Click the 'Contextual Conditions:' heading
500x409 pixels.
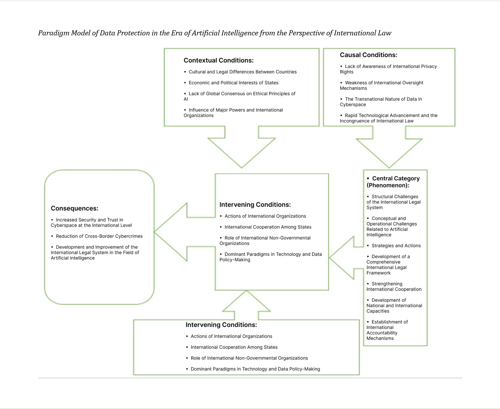(x=218, y=60)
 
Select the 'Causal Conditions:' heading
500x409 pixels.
(x=368, y=55)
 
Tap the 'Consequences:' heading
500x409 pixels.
(x=75, y=208)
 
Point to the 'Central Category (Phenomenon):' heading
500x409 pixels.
(x=393, y=182)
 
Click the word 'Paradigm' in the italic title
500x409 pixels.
(x=54, y=33)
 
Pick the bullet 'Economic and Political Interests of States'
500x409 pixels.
(x=231, y=83)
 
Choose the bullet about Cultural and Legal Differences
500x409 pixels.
(x=240, y=72)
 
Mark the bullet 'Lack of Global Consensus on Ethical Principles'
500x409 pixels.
(x=239, y=96)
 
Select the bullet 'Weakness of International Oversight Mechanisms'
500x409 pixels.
(x=382, y=86)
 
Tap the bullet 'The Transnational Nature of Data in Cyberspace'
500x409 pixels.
(x=381, y=102)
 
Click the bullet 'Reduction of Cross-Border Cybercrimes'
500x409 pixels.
(x=97, y=236)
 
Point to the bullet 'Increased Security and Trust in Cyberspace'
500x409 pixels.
(x=91, y=222)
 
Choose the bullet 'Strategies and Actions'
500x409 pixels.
(x=394, y=246)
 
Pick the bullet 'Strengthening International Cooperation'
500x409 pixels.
(x=394, y=287)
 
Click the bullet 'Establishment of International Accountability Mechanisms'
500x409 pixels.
(x=387, y=330)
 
